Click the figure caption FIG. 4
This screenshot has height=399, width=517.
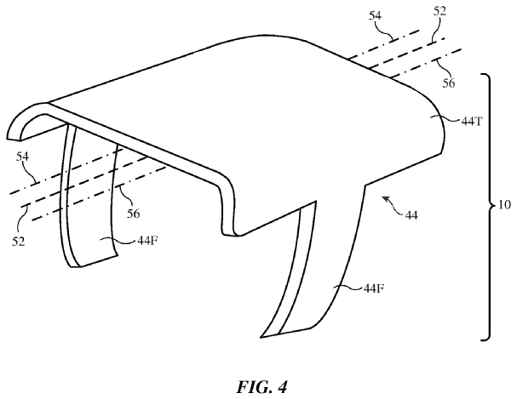(x=261, y=387)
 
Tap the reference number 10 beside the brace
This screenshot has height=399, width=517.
(x=503, y=205)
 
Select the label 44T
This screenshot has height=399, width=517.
(x=472, y=122)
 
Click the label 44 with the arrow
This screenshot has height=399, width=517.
(x=411, y=215)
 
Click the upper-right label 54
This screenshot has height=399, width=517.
(x=375, y=15)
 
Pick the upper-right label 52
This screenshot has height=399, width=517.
(x=439, y=12)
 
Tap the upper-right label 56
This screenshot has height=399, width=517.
(x=448, y=83)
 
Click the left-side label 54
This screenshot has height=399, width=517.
(x=22, y=157)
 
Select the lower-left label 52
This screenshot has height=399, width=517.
(x=19, y=242)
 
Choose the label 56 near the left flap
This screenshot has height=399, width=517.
(x=133, y=214)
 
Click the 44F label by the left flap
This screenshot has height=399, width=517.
(x=147, y=241)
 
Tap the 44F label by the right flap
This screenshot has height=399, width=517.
(x=374, y=288)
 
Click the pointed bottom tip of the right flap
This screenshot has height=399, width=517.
(x=261, y=337)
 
